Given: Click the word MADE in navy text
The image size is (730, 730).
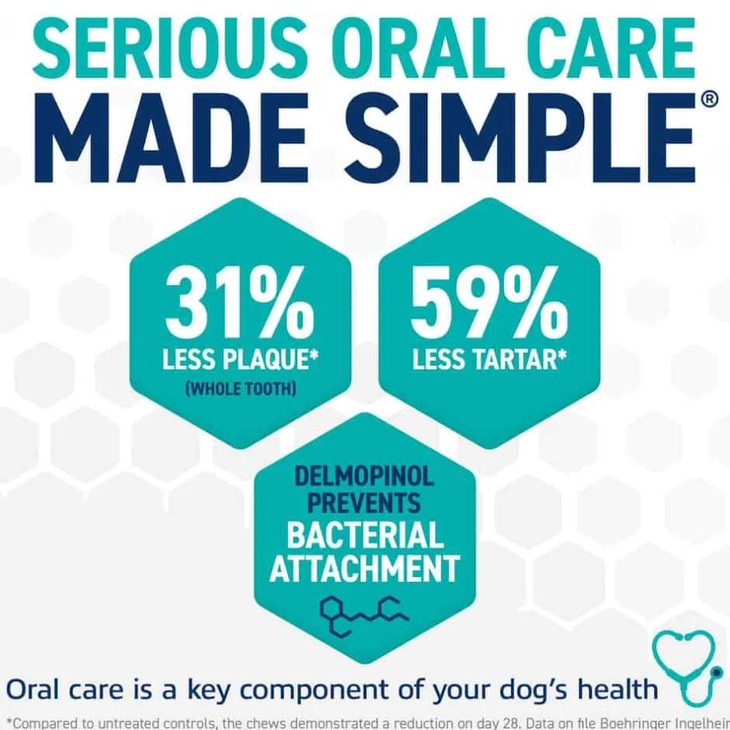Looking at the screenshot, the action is [x=172, y=137].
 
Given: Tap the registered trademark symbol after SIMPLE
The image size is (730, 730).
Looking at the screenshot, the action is [x=709, y=100].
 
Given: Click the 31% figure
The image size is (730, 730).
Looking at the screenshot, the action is [x=240, y=303].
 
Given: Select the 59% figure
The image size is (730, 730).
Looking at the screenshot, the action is [x=489, y=303].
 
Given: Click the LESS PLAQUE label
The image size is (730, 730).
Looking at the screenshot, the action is [x=240, y=360].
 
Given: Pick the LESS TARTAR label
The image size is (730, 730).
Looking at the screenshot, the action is [x=489, y=360].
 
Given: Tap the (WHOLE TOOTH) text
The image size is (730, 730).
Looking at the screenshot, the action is [x=241, y=388].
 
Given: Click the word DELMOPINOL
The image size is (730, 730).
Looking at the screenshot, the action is [x=364, y=476].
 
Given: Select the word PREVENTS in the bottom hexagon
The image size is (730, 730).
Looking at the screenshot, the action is [x=364, y=503].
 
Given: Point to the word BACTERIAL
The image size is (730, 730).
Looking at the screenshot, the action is [x=366, y=535].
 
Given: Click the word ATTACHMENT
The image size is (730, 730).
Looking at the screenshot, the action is [x=365, y=568].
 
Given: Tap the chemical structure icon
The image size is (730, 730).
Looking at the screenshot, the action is [x=364, y=616].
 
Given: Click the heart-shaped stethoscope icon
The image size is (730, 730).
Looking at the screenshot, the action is [x=687, y=666].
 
